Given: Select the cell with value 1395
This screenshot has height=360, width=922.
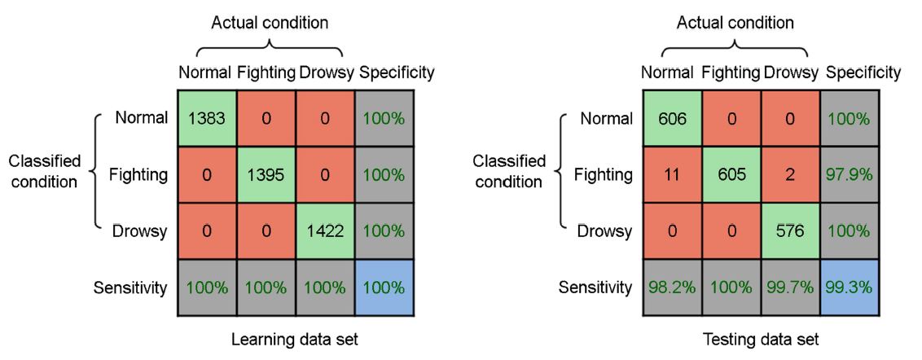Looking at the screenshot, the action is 266,175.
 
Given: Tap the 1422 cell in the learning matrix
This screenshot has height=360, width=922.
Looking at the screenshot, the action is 325,231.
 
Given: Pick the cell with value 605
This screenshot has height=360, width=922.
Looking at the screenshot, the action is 731,175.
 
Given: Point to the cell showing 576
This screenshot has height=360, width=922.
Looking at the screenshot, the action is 790,231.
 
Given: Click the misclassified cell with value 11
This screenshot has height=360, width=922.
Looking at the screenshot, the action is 671,175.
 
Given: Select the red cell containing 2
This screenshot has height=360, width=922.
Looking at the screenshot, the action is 790,175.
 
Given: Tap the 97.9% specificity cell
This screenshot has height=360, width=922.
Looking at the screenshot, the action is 849,175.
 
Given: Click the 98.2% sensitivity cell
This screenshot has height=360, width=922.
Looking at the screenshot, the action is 671,288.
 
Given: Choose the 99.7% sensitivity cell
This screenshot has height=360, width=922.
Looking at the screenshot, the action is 790,288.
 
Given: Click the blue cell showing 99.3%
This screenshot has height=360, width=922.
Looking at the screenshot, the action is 849,288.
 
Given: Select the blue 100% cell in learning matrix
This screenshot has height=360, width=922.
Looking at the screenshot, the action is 384,288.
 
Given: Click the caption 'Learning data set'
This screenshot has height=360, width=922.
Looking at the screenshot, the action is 295,340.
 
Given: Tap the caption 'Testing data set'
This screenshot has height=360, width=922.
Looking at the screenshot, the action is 760,340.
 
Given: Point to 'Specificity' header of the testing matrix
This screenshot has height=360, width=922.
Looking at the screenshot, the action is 863,73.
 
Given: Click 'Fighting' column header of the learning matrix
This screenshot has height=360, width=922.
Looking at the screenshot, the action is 266,73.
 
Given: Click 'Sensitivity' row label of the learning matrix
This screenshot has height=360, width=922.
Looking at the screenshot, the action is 130,288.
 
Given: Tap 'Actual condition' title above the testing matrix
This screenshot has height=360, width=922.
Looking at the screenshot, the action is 735,24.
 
